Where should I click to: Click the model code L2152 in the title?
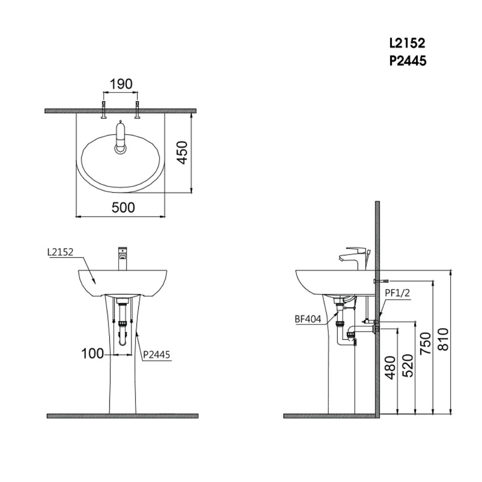point(407,43)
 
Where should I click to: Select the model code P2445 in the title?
point(407,61)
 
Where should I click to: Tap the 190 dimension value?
point(121,84)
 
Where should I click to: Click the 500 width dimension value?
point(123,208)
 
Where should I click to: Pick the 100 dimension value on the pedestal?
point(93,354)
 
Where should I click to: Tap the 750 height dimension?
point(425,343)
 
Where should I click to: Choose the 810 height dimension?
point(443,339)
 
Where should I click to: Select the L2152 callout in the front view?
point(60,252)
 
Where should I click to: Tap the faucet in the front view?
point(122,258)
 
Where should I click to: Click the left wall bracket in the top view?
point(104,110)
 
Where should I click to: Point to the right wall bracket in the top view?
point(137,110)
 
